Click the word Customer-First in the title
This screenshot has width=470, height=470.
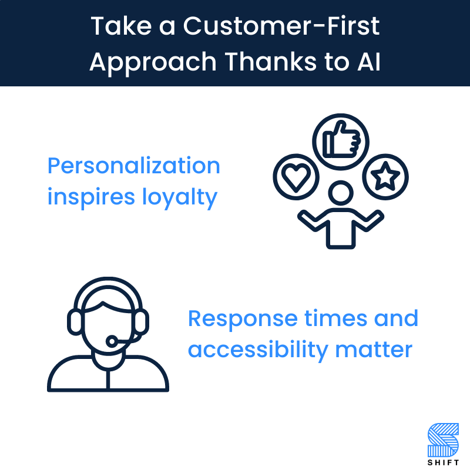[284, 26]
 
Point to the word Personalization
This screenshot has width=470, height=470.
[133, 166]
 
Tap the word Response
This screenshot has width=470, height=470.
[243, 319]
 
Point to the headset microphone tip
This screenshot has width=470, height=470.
[111, 341]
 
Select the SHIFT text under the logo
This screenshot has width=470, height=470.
[444, 461]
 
